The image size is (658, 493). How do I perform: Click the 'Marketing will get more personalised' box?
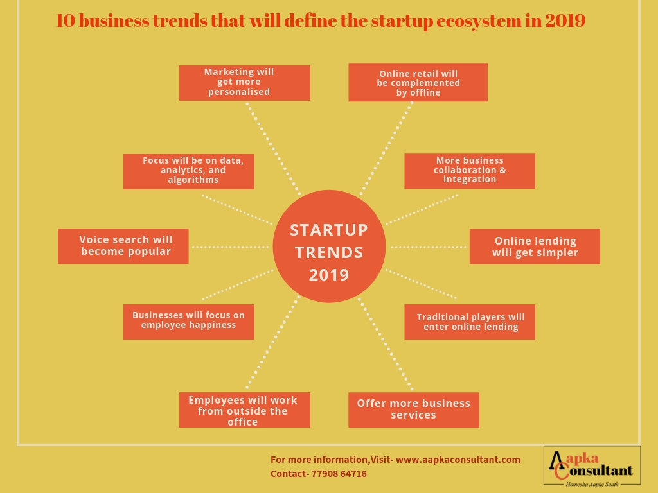(x=245, y=83)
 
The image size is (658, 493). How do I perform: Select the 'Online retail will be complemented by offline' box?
(x=418, y=82)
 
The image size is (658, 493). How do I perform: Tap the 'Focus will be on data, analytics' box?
(x=188, y=171)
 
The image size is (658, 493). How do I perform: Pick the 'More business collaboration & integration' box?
(x=470, y=171)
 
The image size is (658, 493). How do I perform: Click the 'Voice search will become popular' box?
(x=123, y=246)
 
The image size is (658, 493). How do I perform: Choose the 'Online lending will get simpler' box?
(x=535, y=246)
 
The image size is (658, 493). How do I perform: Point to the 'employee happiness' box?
(x=188, y=322)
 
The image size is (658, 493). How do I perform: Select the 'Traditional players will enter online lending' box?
(x=470, y=322)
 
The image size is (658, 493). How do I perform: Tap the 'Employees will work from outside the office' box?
(x=245, y=410)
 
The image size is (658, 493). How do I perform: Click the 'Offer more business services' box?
(x=414, y=410)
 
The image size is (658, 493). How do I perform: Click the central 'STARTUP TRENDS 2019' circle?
(x=329, y=246)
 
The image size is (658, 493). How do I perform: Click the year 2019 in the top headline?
(x=565, y=21)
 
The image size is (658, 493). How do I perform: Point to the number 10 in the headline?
(x=65, y=21)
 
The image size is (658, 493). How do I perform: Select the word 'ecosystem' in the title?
(x=478, y=21)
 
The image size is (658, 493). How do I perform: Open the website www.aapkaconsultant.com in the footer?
(x=458, y=460)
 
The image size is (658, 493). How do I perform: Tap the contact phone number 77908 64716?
(x=339, y=474)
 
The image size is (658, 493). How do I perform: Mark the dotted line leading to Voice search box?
(x=231, y=247)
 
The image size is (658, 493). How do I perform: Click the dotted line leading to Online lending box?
(x=429, y=247)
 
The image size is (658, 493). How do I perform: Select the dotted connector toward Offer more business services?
(x=386, y=344)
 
